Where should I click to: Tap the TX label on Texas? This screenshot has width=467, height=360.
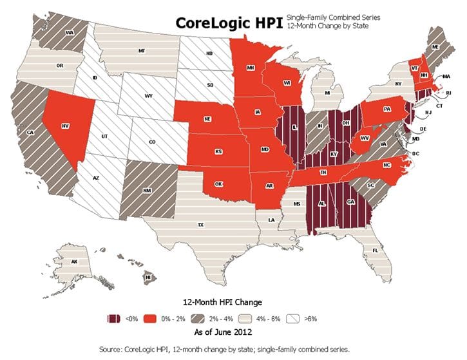click(x=200, y=225)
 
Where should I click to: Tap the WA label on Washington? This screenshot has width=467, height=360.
click(x=69, y=31)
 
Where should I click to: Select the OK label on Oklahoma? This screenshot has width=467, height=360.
click(x=218, y=183)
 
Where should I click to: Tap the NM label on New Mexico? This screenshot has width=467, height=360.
click(x=147, y=191)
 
